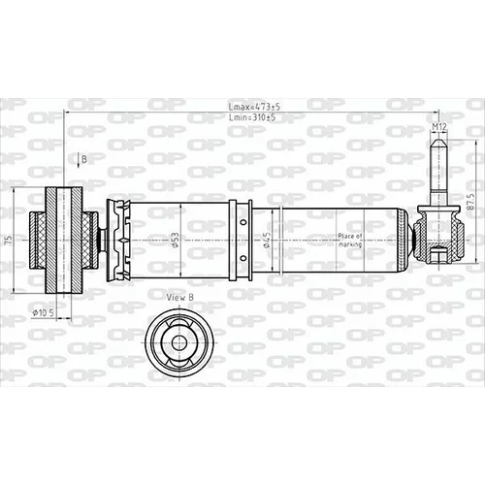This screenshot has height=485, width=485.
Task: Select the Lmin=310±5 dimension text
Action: [x=252, y=117]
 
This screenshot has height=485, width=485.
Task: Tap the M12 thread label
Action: [x=439, y=127]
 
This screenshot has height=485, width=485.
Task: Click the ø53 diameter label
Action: [x=175, y=240]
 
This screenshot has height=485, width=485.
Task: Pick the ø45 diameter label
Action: [x=266, y=240]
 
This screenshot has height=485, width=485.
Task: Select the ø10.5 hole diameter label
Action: [x=43, y=312]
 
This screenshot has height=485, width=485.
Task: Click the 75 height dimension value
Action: [x=9, y=240]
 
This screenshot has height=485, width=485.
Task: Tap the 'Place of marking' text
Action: [x=350, y=241]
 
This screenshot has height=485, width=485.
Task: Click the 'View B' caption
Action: [x=180, y=298]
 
